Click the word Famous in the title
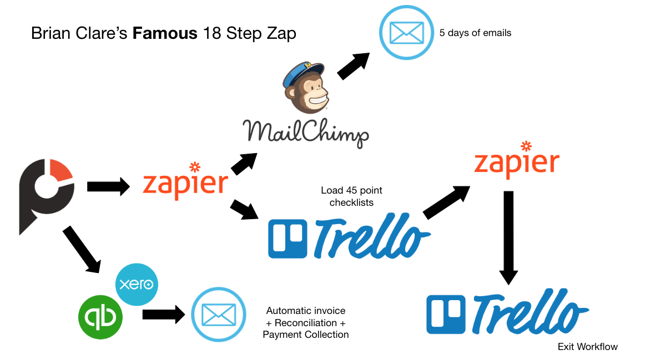[x=165, y=33]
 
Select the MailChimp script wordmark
[x=305, y=132]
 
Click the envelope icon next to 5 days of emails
[x=406, y=32]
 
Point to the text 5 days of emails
[x=475, y=33]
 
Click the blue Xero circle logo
[x=137, y=285]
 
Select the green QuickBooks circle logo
[x=100, y=316]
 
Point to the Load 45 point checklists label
[x=351, y=196]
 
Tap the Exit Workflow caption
[x=587, y=347]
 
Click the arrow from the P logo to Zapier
[x=108, y=187]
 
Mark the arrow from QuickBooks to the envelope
[x=163, y=315]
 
